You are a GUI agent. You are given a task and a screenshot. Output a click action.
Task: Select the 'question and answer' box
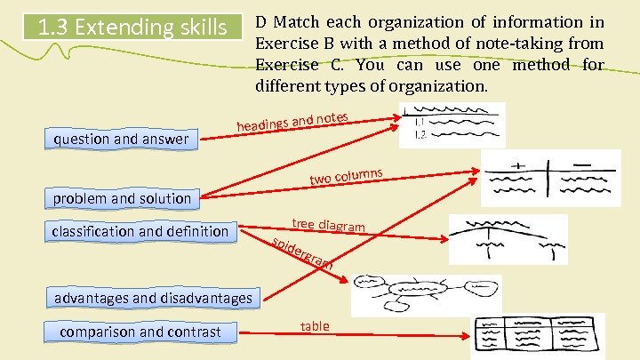(122, 139)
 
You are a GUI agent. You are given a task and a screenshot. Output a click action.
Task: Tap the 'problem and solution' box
(122, 198)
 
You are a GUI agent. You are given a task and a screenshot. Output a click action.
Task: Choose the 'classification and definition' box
(140, 232)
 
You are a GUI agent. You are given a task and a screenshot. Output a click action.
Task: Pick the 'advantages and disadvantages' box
(153, 298)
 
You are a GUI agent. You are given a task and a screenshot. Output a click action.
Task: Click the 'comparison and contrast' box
(140, 332)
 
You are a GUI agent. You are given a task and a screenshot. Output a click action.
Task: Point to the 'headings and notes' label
(292, 121)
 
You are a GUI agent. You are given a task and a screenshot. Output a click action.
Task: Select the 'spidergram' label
(302, 254)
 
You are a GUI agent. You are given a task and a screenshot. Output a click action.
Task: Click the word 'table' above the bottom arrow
(315, 326)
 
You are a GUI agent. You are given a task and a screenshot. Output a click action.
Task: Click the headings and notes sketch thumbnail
(451, 124)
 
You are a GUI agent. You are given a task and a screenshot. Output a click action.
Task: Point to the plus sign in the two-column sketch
(518, 164)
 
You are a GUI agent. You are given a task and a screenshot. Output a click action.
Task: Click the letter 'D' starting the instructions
(260, 21)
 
